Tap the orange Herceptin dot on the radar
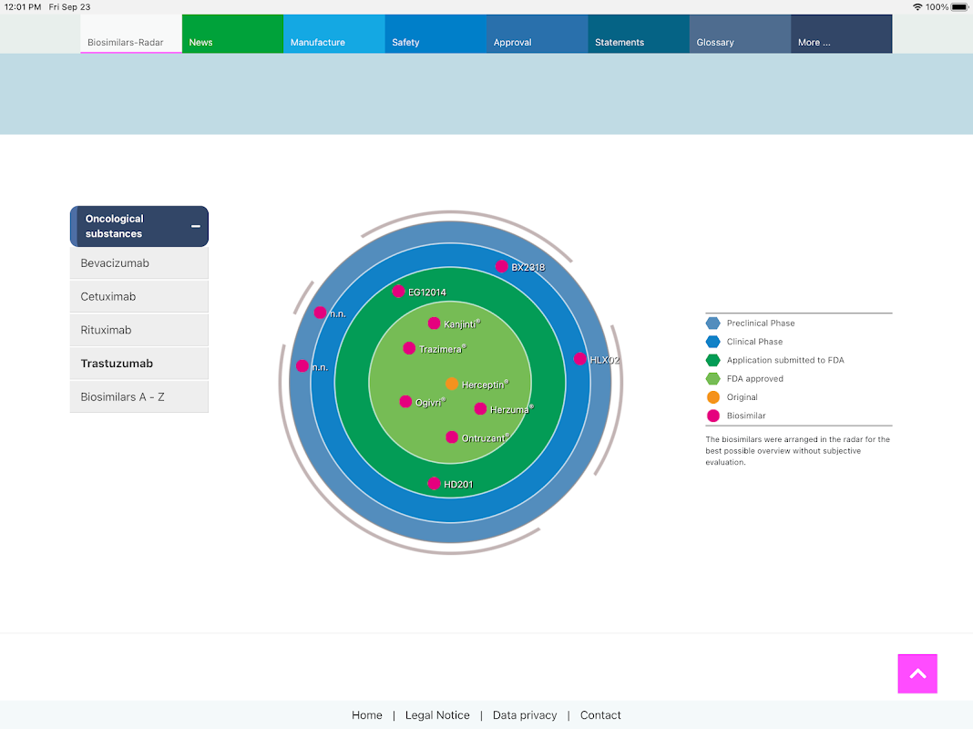point(452,385)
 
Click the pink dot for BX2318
point(501,266)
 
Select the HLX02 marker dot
point(579,359)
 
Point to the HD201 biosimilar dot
point(435,484)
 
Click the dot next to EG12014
point(398,292)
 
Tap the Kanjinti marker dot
point(435,323)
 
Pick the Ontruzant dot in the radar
point(452,437)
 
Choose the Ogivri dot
point(405,402)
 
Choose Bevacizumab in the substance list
point(138,263)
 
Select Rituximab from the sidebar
point(138,330)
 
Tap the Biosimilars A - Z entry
point(138,396)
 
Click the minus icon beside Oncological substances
point(196,226)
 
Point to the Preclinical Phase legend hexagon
point(713,323)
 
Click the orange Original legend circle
point(713,397)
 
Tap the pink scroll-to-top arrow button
point(917,673)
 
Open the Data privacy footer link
point(525,715)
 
